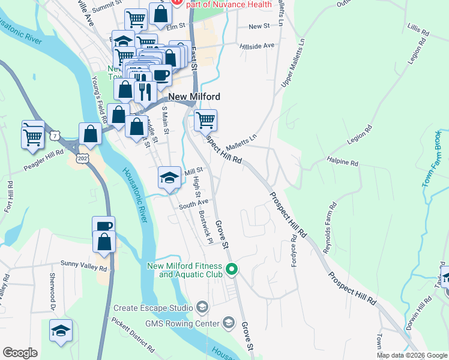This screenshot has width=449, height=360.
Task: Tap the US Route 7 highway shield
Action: (x=55, y=130)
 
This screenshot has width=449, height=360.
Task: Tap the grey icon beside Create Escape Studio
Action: (x=202, y=308)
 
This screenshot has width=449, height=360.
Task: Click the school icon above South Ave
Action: (x=170, y=177)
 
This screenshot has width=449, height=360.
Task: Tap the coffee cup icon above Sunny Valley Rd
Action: (x=104, y=226)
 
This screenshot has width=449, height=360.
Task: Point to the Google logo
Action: (x=20, y=353)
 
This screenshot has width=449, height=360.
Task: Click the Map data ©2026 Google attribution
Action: (x=412, y=356)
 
